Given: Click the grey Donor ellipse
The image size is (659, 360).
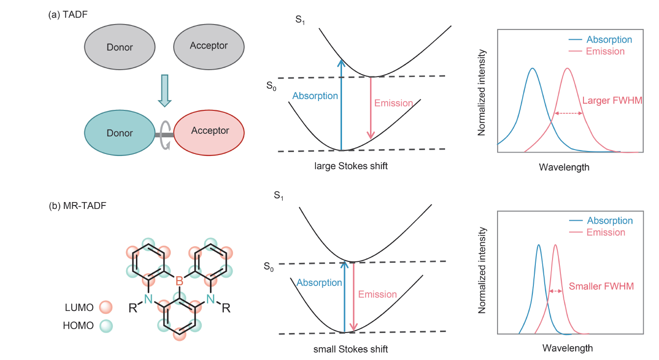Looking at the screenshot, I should (x=119, y=47).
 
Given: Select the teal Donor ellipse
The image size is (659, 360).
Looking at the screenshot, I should (x=119, y=133).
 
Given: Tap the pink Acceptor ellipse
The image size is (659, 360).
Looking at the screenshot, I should (x=210, y=131).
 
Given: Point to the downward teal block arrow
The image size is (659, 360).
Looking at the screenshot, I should (x=165, y=91).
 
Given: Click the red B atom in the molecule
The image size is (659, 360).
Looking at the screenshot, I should (x=179, y=281).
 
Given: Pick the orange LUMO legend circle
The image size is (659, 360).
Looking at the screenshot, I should (x=105, y=308).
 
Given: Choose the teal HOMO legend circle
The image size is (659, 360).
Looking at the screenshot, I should (x=105, y=325).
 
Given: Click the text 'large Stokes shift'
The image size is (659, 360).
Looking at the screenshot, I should (x=351, y=166).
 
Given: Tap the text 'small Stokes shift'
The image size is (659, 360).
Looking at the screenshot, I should (x=350, y=349).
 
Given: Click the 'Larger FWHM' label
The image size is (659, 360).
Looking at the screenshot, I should (x=612, y=101).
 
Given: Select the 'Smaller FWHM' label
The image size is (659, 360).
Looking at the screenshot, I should (x=601, y=286).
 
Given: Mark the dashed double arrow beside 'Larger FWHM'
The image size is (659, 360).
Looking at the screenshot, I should (x=568, y=114).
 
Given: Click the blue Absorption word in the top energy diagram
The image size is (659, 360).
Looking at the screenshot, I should (x=315, y=96).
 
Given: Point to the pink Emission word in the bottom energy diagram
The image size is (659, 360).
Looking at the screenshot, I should (x=377, y=294).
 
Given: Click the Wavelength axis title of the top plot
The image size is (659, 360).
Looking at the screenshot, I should (x=564, y=167).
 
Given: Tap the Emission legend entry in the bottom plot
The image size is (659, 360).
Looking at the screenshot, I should (x=606, y=232).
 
